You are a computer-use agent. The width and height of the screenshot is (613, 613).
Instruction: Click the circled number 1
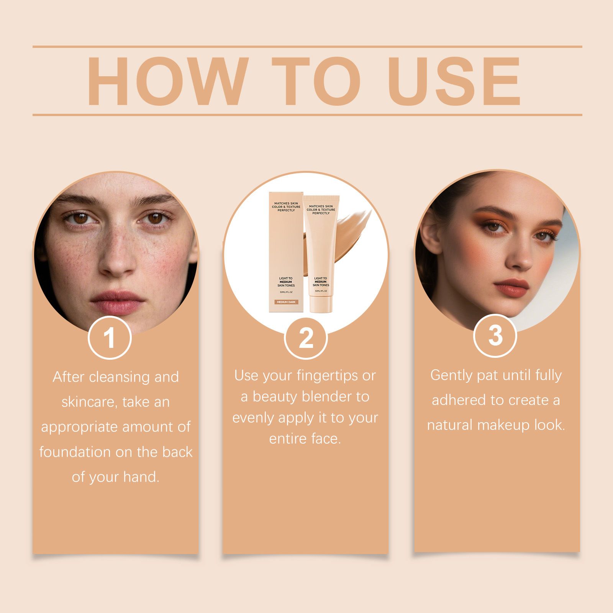[110, 337]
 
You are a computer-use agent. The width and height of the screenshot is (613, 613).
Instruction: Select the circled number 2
[305, 337]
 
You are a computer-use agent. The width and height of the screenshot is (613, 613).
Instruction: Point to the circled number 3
[495, 335]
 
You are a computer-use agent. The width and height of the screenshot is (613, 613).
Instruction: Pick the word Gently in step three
[451, 375]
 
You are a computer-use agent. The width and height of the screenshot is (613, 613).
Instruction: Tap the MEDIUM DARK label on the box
[285, 302]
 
